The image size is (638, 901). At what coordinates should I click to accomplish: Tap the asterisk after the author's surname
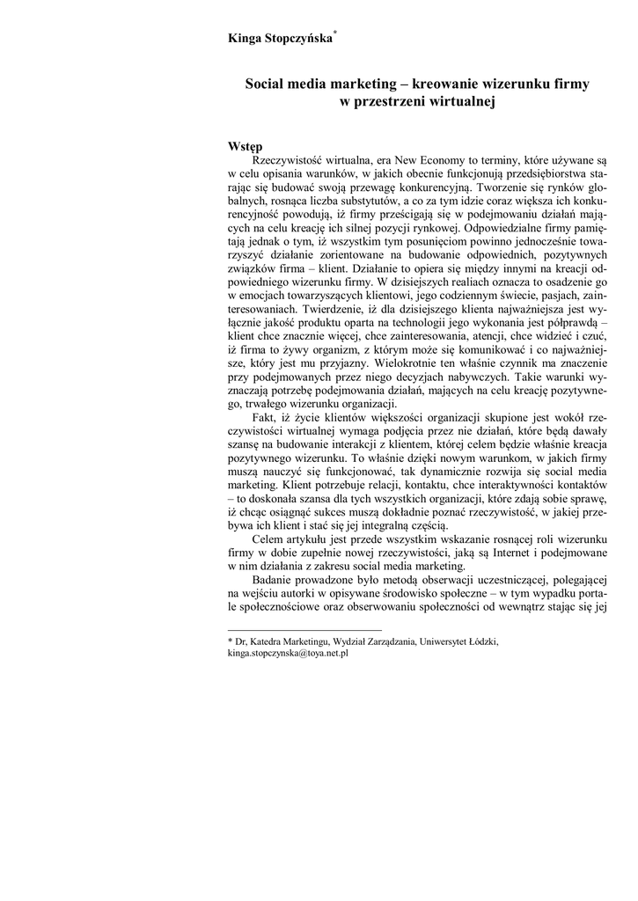coord(335,31)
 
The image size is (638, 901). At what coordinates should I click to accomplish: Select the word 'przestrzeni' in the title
coord(392,102)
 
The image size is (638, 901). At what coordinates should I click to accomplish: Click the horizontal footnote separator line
coord(304,629)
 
